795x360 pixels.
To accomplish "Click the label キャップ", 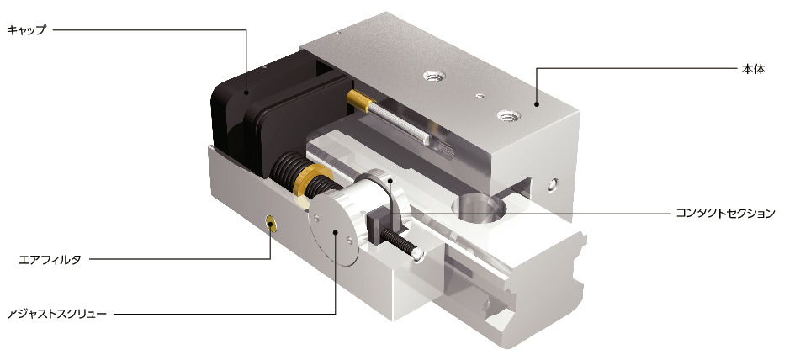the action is pyautogui.click(x=26, y=30).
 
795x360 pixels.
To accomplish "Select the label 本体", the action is pyautogui.click(x=753, y=70).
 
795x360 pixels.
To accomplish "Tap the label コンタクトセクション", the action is pyautogui.click(x=725, y=213).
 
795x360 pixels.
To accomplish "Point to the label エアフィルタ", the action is pyautogui.click(x=49, y=260).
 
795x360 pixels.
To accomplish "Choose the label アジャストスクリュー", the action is pyautogui.click(x=57, y=314).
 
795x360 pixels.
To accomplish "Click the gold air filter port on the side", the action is pyautogui.click(x=271, y=222).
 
